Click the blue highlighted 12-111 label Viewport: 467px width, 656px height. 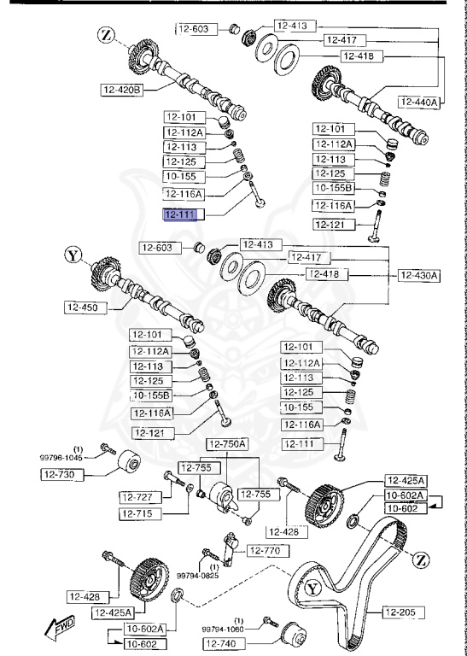(180, 214)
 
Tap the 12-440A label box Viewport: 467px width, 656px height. (418, 102)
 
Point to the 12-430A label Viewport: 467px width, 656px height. (418, 275)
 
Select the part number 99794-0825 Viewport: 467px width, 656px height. (198, 575)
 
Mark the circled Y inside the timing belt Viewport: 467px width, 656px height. (312, 588)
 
